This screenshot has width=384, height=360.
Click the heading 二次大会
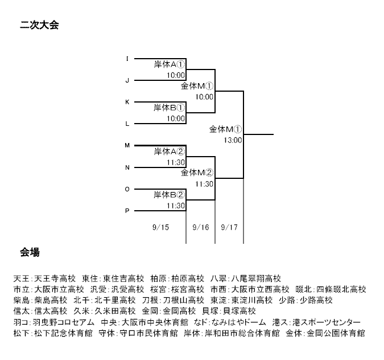click(39, 25)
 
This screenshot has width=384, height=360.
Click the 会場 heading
click(30, 252)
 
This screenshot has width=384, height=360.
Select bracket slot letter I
click(127, 59)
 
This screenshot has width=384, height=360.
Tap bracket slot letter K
click(127, 102)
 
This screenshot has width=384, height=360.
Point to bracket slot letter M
click(127, 145)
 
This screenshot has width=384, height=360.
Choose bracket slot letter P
click(127, 211)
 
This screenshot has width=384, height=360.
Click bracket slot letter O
click(127, 189)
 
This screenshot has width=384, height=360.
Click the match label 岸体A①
click(169, 64)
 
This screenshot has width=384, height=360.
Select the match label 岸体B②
click(169, 195)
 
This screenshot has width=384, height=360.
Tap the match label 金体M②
click(197, 173)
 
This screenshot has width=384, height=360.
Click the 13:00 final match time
click(233, 140)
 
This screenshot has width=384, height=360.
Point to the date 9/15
click(160, 227)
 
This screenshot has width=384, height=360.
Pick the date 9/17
click(229, 227)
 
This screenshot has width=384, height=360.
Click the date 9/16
click(201, 227)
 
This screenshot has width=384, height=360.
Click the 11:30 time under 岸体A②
click(176, 162)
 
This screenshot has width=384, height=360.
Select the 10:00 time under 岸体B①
click(176, 118)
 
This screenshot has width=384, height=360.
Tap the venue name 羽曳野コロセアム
click(63, 322)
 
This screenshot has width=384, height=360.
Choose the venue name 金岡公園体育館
click(336, 333)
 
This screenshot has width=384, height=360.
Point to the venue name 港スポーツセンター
click(327, 322)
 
